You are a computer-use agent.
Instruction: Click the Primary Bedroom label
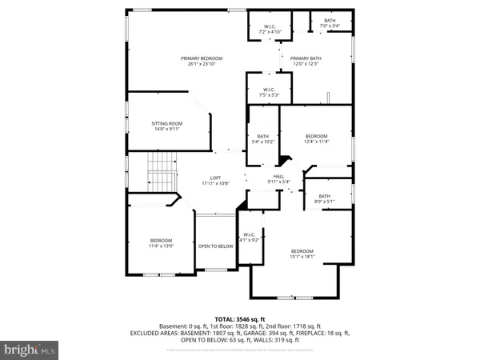coord(201,58)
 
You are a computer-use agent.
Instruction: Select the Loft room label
coord(214,178)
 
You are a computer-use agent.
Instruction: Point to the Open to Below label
coord(215,246)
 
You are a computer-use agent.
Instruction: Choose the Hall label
coord(279,177)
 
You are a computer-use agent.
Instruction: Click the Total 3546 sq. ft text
coord(239,318)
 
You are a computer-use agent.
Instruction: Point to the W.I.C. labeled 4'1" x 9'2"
coord(250,237)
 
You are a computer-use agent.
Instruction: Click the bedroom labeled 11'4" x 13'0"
coord(162,242)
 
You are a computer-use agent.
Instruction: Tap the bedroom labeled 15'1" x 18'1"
coord(302,254)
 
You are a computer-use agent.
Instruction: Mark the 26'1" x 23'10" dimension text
coord(201,64)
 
